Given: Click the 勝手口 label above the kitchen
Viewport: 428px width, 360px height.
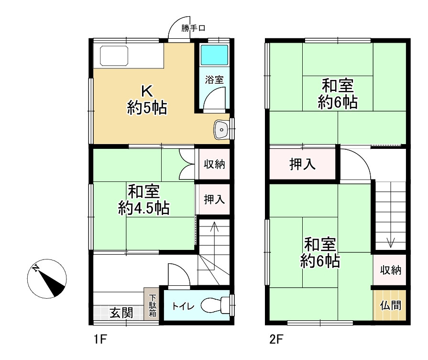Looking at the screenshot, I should (x=193, y=28).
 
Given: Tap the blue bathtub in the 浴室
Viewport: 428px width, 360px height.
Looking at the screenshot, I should (x=214, y=56).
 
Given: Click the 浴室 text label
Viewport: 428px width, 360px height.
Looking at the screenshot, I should (x=214, y=80).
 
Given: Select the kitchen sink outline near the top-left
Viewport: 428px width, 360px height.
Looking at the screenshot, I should (x=114, y=56).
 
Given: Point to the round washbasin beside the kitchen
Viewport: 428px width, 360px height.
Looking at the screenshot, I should (x=222, y=129).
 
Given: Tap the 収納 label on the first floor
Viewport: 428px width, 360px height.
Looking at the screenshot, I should (x=215, y=165).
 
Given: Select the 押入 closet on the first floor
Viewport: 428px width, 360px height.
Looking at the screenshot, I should (x=214, y=199).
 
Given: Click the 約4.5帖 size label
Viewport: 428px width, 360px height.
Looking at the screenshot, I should (x=143, y=208).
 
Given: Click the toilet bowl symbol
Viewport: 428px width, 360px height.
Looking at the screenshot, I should (x=214, y=305).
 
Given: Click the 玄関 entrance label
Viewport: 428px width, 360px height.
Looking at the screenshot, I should (x=121, y=314).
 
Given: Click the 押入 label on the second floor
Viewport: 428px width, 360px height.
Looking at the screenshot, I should (x=302, y=164).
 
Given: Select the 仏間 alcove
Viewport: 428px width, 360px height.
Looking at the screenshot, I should (x=390, y=305).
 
